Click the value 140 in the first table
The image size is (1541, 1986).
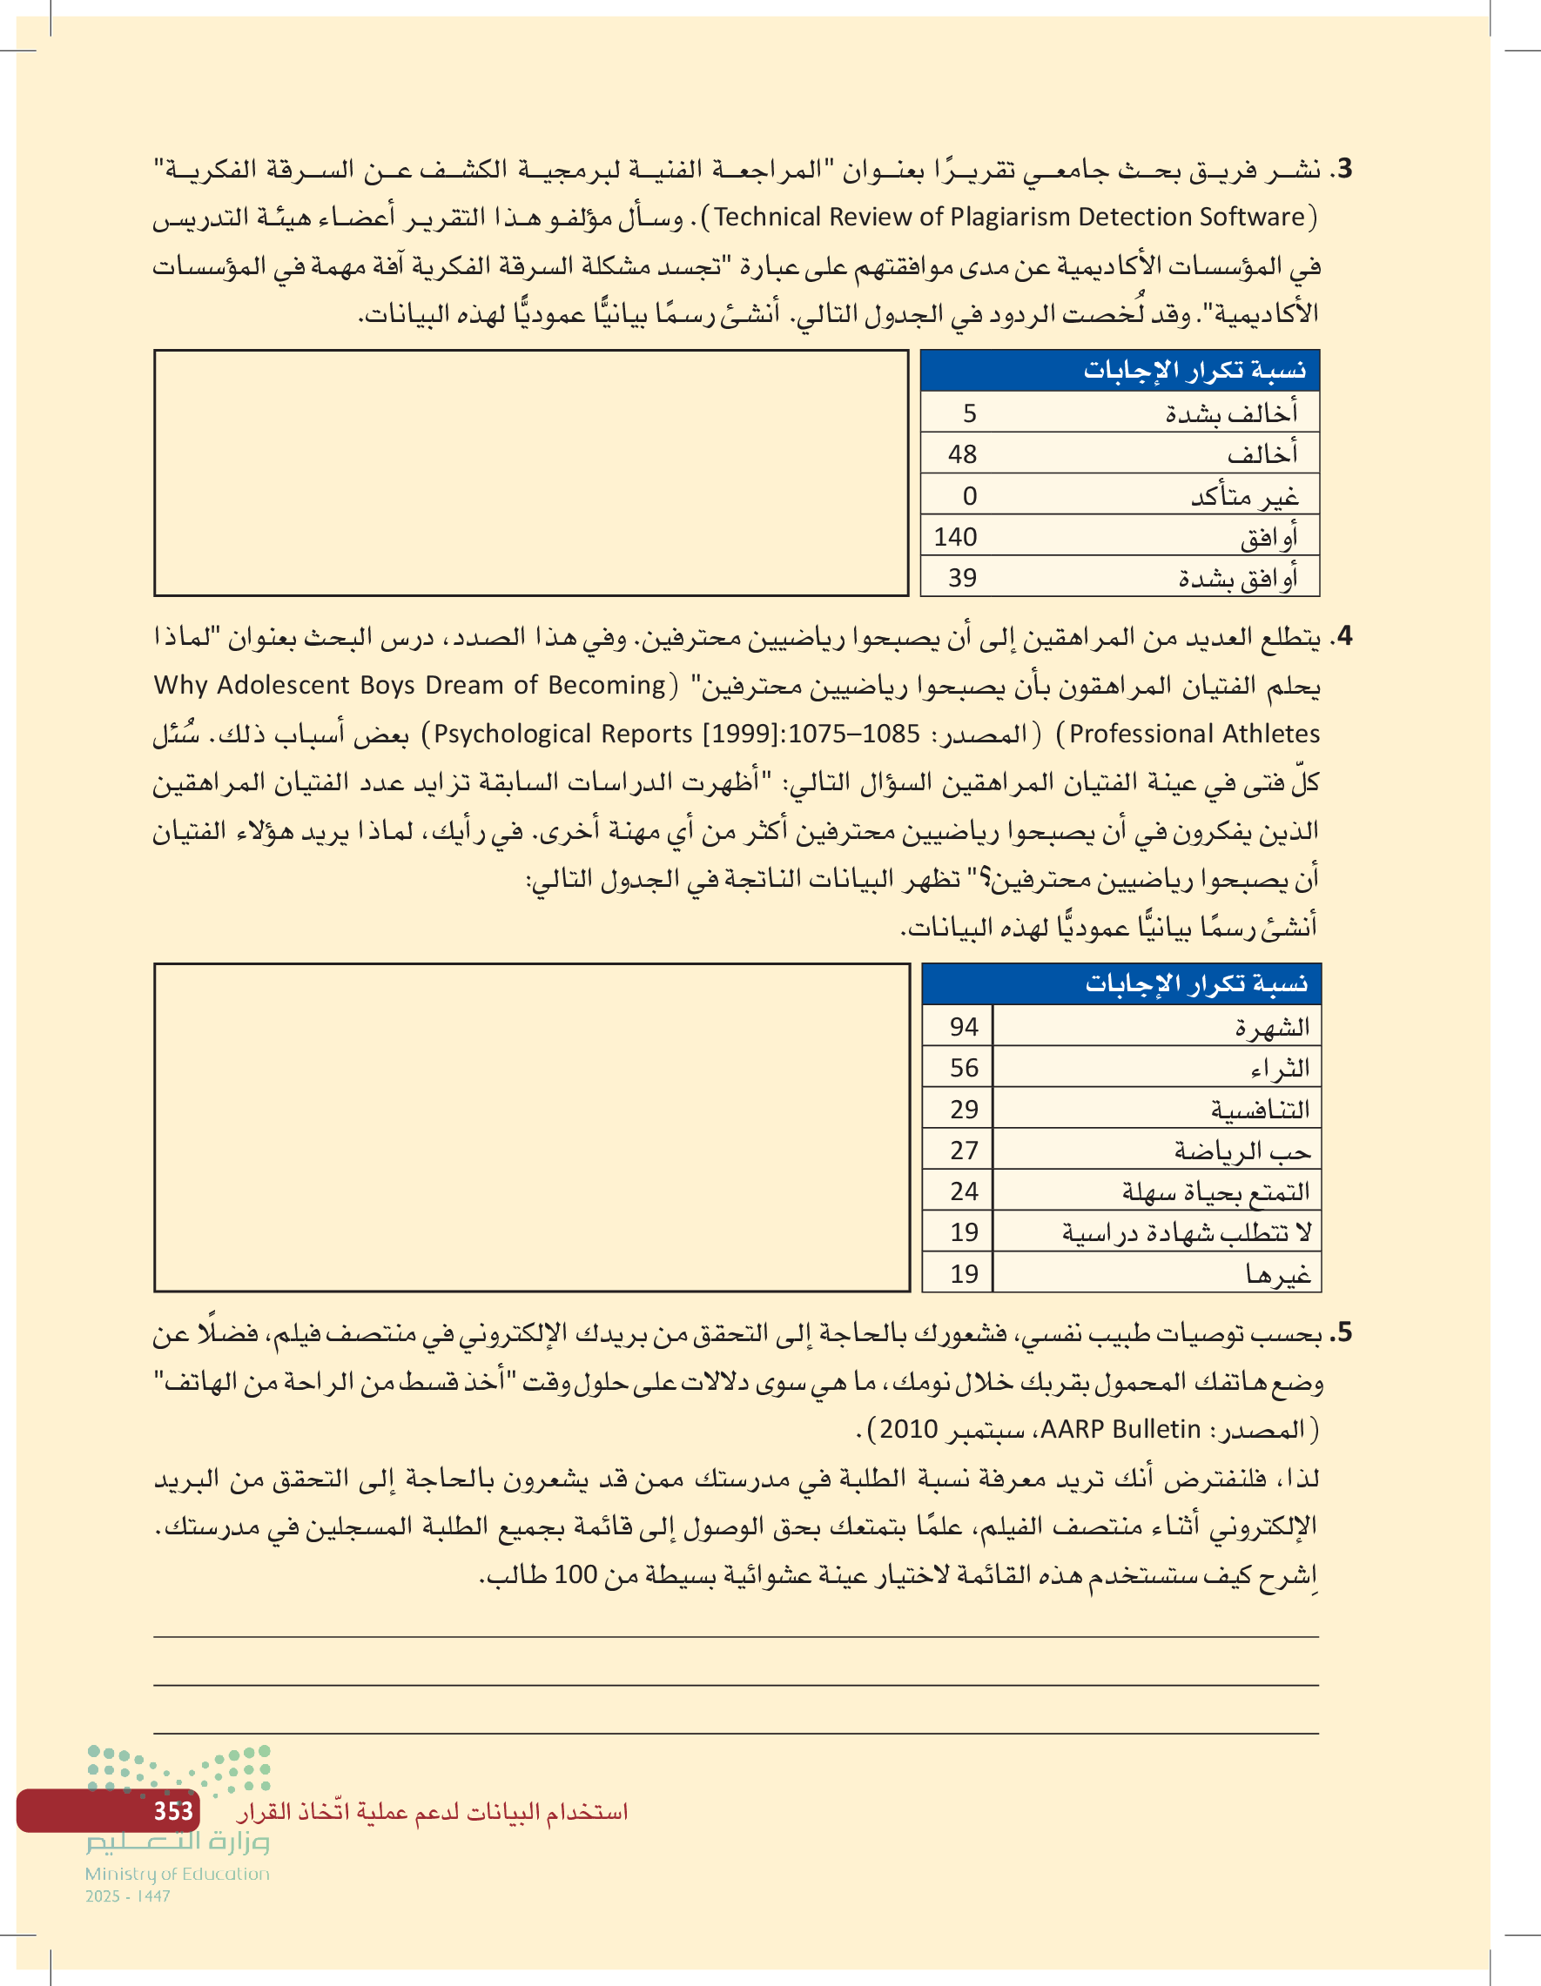click(x=955, y=536)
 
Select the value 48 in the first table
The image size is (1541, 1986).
click(x=962, y=453)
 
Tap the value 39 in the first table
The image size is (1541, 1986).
click(x=962, y=577)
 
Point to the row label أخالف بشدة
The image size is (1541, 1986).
click(x=1232, y=413)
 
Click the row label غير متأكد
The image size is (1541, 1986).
click(x=1244, y=496)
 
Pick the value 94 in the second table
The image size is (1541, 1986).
click(x=965, y=1027)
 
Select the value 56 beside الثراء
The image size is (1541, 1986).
click(x=965, y=1068)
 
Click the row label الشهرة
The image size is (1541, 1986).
click(x=1272, y=1028)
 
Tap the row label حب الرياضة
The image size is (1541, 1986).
click(x=1242, y=1151)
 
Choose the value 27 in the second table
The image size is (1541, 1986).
click(x=965, y=1151)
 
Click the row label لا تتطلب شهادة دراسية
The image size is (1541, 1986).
click(x=1188, y=1233)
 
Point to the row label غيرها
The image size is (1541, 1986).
click(x=1278, y=1275)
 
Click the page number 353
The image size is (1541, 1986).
click(x=173, y=1811)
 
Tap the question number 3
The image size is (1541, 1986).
click(x=1343, y=169)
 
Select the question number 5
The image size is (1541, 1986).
click(x=1343, y=1334)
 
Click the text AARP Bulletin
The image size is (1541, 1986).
click(x=1120, y=1430)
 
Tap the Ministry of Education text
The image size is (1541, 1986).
click(x=178, y=1874)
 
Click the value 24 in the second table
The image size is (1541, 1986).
click(x=965, y=1191)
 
